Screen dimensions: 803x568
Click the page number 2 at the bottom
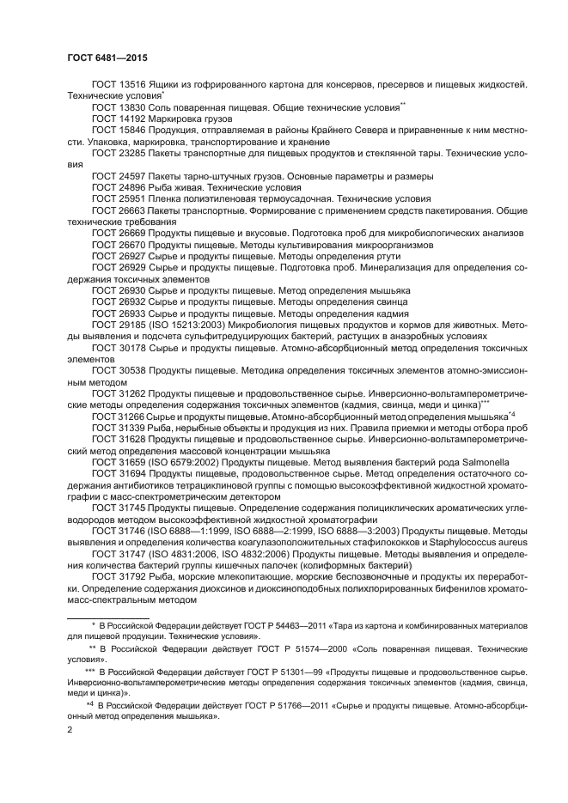click(70, 729)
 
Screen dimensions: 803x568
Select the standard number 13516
click(134, 85)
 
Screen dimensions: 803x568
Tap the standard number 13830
click(134, 107)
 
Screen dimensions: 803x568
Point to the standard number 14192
click(134, 119)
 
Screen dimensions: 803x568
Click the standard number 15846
click(134, 130)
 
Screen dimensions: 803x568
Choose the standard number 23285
click(134, 152)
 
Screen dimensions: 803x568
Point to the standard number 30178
click(134, 348)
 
